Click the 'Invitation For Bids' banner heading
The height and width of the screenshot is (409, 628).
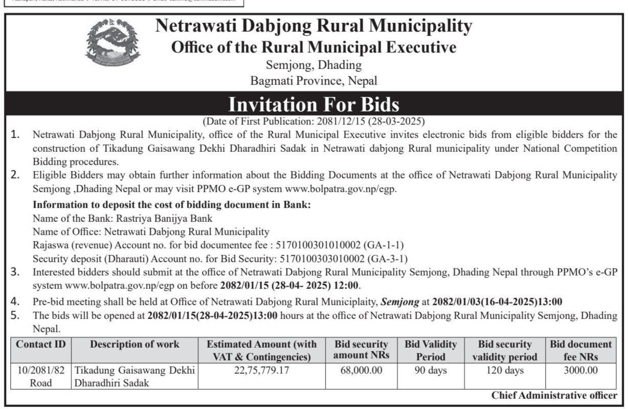coord(313,105)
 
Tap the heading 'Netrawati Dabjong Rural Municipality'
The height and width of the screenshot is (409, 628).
coord(313,26)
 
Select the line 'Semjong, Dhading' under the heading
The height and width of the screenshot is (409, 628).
coord(313,65)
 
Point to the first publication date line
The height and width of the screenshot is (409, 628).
coord(313,122)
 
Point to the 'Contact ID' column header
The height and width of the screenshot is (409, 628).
coord(41,345)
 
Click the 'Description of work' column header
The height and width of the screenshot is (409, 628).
coord(134,345)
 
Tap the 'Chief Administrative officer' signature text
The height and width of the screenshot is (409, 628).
coord(554,395)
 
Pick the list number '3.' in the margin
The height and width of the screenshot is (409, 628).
coord(16,271)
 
